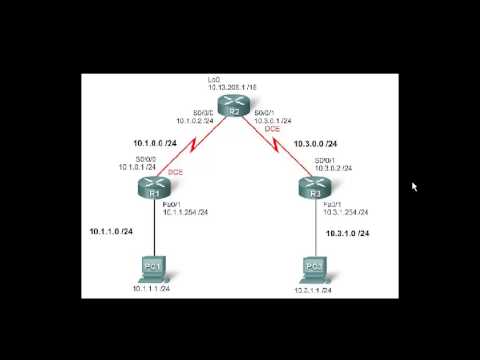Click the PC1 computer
[152, 267]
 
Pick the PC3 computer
[313, 267]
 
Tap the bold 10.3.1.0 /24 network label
[349, 233]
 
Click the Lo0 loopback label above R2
[213, 78]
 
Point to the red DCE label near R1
[173, 172]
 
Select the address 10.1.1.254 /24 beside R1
[186, 212]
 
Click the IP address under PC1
[152, 288]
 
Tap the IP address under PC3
[313, 288]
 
